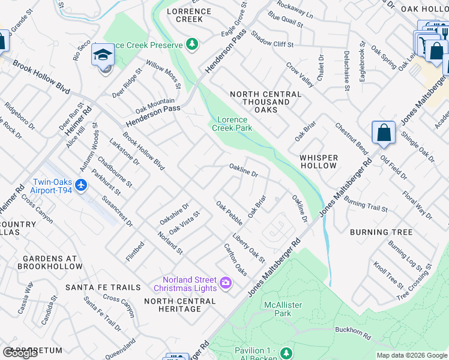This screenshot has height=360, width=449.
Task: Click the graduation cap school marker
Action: (103, 56)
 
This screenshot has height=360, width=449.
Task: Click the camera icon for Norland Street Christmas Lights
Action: (226, 283)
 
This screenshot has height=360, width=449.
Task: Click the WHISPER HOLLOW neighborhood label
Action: (319, 161)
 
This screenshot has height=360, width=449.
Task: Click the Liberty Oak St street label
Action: (249, 247)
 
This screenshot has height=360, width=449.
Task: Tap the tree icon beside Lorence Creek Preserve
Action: (191, 43)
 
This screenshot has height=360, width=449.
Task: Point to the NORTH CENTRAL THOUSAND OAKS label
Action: (265, 102)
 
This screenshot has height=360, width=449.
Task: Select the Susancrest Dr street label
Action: (117, 210)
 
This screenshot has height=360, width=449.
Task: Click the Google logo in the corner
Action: (20, 353)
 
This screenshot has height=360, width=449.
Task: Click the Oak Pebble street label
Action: (229, 214)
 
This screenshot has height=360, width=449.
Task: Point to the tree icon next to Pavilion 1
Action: (286, 351)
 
